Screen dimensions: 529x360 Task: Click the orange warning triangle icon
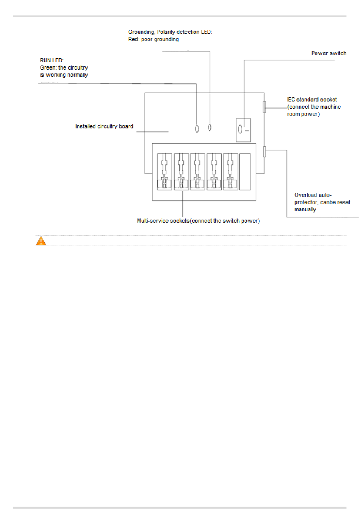(x=41, y=241)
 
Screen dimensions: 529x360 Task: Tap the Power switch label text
(x=329, y=53)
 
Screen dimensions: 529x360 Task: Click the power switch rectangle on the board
(x=243, y=130)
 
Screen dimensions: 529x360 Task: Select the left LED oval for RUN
(x=197, y=129)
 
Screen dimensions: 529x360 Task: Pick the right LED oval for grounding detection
(x=210, y=127)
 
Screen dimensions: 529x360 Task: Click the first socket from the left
(x=164, y=171)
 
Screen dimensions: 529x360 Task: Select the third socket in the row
(x=197, y=171)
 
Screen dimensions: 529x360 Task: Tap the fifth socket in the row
(x=230, y=171)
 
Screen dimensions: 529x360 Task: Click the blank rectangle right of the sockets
(x=245, y=171)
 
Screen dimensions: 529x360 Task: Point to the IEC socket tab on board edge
(x=265, y=107)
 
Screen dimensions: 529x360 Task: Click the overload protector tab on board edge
(x=265, y=151)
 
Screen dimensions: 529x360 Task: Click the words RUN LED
(x=52, y=60)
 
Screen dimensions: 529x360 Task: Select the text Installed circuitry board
(x=104, y=126)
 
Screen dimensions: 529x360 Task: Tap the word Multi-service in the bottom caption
(x=153, y=221)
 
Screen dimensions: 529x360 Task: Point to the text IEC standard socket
(x=312, y=100)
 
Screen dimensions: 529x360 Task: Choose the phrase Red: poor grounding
(x=153, y=39)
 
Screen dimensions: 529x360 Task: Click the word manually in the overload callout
(x=305, y=209)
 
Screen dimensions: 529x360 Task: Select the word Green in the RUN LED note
(x=48, y=68)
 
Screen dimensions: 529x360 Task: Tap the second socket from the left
(x=181, y=171)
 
